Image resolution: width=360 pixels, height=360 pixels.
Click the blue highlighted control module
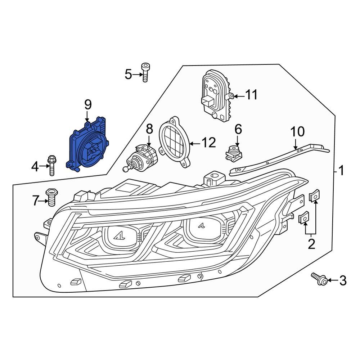(x=86, y=146)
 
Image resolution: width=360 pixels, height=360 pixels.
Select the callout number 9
(x=88, y=105)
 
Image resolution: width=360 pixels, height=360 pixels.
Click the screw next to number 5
(x=145, y=72)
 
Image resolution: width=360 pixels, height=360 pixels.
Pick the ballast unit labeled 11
(x=215, y=95)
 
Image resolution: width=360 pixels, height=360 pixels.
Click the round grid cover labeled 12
(x=174, y=142)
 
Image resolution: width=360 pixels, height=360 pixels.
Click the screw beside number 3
(x=319, y=279)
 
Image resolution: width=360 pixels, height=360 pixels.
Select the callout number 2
(x=311, y=244)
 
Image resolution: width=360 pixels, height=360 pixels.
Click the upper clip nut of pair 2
(x=314, y=197)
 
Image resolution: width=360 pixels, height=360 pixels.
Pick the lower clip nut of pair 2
(x=303, y=218)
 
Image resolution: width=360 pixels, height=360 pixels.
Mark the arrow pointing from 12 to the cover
(x=195, y=143)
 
